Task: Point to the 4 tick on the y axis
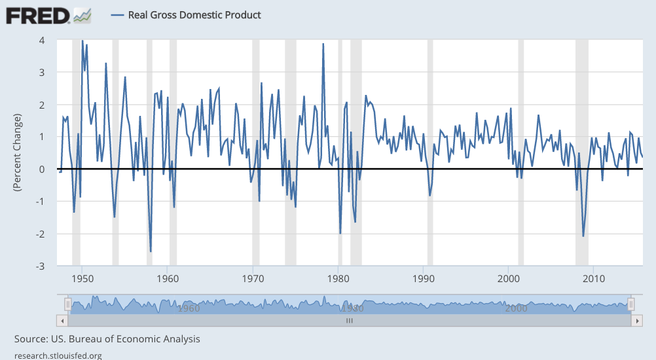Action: tap(41, 40)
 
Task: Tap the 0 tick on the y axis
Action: tap(41, 169)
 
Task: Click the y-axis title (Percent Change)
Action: tap(18, 153)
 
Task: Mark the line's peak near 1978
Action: tap(323, 44)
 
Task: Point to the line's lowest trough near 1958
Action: tap(151, 251)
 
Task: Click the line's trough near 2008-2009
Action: tap(583, 236)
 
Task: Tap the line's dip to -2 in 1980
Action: tap(340, 232)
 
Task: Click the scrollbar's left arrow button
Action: tap(63, 321)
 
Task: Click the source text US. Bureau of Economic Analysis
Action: tap(107, 339)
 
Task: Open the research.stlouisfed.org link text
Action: tap(58, 355)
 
